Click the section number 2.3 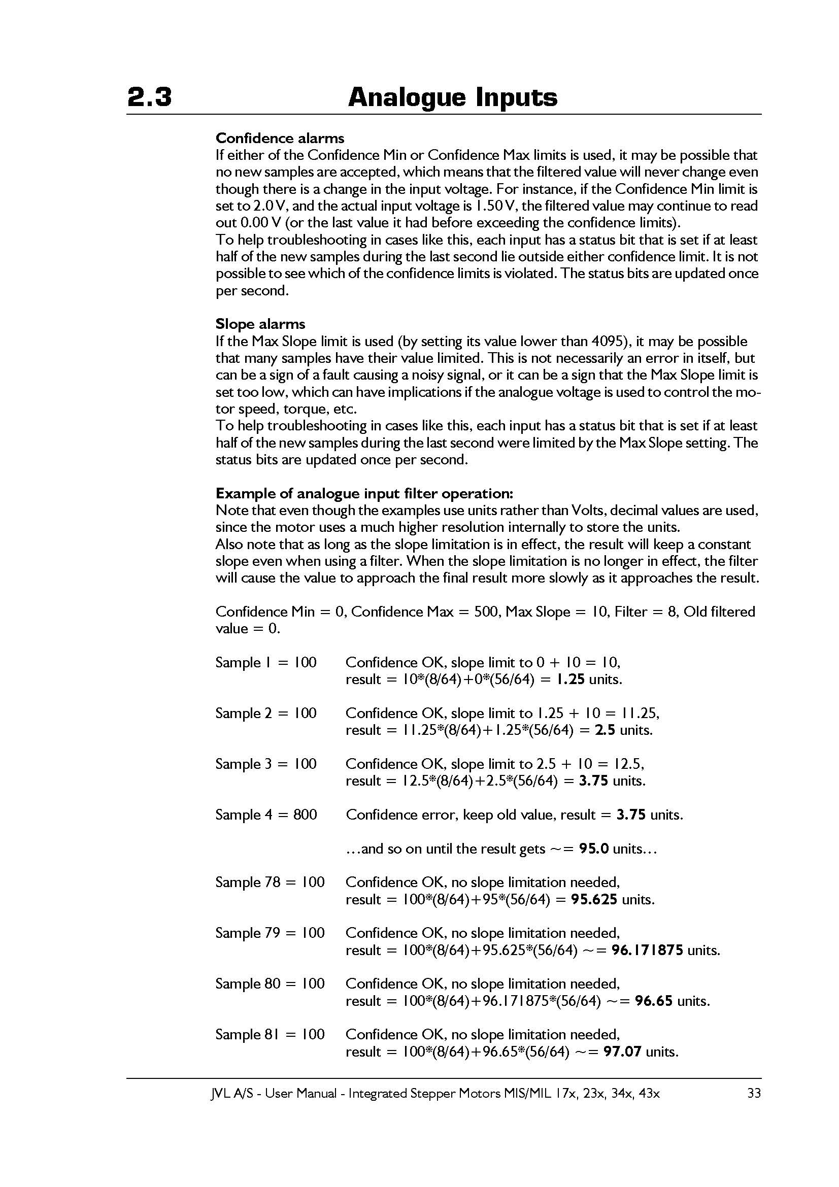coord(149,97)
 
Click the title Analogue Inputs coord(452,97)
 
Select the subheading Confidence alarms coord(280,138)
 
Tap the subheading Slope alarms coord(260,324)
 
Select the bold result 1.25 coord(570,680)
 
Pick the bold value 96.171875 coord(647,950)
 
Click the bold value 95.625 coord(594,900)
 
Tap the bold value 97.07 coord(622,1052)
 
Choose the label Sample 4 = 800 coord(266,815)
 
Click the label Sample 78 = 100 coord(270,882)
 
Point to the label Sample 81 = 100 coord(270,1034)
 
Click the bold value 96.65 coord(654,1001)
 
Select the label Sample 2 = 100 coord(266,714)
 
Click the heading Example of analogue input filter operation coord(364,493)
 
